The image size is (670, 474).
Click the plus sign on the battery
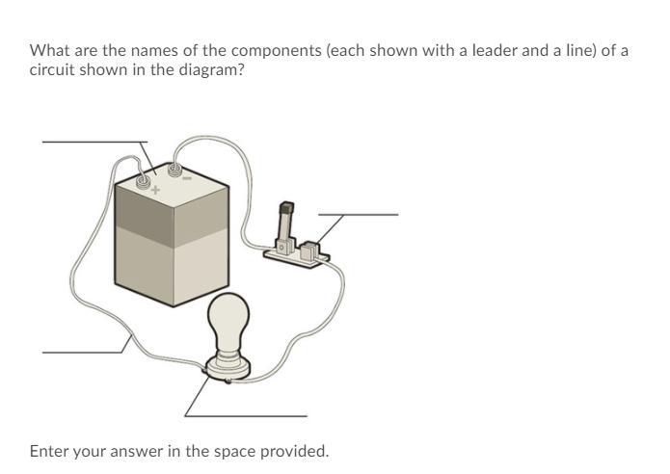tap(155, 190)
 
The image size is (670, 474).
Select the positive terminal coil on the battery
tap(143, 181)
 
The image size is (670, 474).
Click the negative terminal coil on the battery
tap(174, 170)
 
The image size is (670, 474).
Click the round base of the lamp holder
tap(228, 368)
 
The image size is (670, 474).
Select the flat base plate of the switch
tap(297, 259)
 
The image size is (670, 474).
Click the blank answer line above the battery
tap(94, 142)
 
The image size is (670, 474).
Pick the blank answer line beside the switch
tap(358, 215)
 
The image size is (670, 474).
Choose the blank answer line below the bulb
tap(246, 415)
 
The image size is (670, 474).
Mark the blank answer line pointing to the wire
tap(82, 353)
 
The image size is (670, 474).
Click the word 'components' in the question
tap(277, 51)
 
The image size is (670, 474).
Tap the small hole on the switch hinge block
tap(281, 248)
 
